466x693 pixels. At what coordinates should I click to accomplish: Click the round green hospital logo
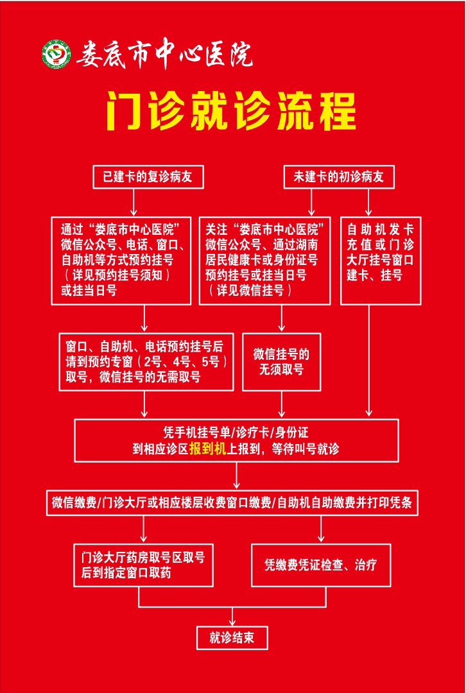click(56, 55)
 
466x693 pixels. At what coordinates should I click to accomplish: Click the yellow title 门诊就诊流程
click(231, 110)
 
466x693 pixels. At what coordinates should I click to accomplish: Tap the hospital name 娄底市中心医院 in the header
click(164, 55)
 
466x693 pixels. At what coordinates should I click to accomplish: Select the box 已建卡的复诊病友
click(148, 177)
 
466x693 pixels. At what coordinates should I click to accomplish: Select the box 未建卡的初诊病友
click(339, 177)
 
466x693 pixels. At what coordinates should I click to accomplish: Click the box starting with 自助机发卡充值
click(381, 261)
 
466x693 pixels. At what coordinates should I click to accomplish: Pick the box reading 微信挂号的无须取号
click(282, 362)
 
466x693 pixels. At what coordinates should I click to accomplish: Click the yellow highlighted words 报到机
click(208, 449)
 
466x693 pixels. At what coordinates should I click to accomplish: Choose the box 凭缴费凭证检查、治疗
click(321, 565)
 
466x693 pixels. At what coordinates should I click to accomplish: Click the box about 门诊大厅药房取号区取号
click(144, 565)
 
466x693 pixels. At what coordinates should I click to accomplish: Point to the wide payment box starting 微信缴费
click(232, 502)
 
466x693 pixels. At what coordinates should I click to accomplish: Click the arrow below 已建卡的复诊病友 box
click(134, 202)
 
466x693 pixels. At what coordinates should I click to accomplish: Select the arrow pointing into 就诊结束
click(232, 616)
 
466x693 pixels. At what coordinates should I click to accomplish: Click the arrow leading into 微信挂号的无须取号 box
click(282, 319)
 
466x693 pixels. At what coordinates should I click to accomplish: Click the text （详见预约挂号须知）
click(116, 276)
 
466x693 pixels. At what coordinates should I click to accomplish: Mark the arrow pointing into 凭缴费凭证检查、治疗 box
click(321, 529)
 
